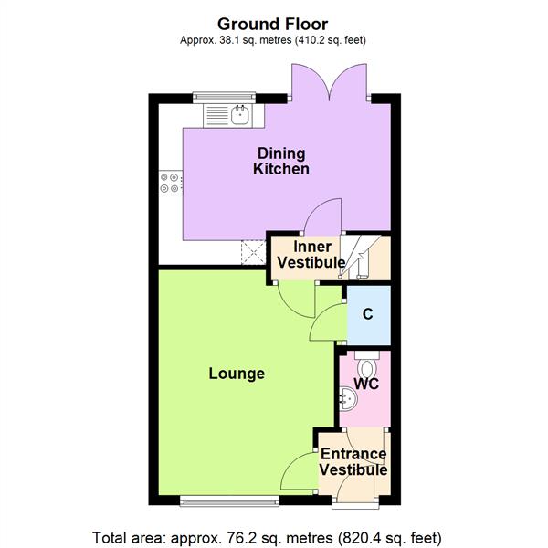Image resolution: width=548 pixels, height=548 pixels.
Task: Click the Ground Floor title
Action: click(x=274, y=22)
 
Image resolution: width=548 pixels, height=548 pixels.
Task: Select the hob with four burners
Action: click(x=169, y=183)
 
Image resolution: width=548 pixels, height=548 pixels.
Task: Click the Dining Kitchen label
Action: click(x=281, y=161)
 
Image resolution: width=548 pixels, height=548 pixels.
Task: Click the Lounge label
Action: click(x=237, y=374)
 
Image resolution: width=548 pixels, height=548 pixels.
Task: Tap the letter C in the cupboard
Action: click(x=368, y=314)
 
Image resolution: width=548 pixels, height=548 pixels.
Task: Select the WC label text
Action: click(x=366, y=385)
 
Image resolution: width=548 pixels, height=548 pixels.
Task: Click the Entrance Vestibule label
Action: click(x=353, y=462)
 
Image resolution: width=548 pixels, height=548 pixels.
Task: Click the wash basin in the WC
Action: click(x=346, y=398)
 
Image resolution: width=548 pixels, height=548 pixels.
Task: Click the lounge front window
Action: click(x=228, y=500)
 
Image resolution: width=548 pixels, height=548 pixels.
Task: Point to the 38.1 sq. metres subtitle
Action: click(x=274, y=40)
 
